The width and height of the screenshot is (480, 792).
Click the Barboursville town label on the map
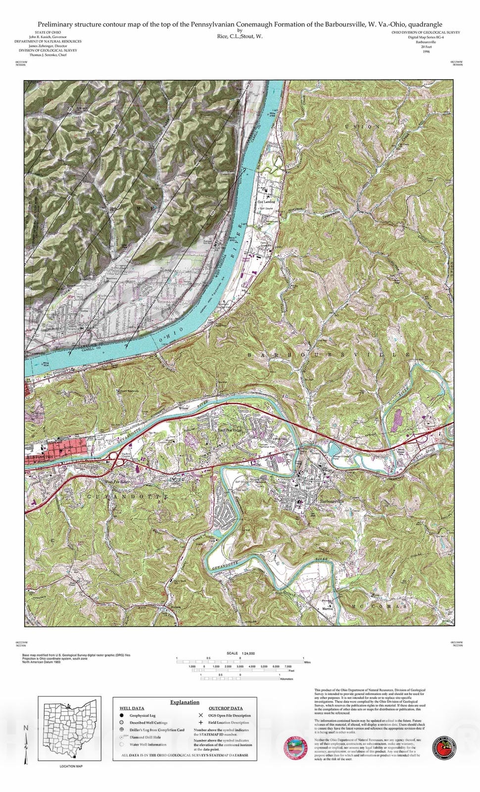coord(332,501)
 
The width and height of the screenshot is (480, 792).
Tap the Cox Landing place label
coord(266,202)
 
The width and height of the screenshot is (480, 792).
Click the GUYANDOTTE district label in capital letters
coord(128,496)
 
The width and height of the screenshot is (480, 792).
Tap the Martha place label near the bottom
coord(328,608)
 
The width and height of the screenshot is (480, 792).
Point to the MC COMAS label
coord(380,606)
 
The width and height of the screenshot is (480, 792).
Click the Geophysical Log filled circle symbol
coord(122,715)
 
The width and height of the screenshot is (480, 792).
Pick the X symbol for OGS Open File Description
coord(200,715)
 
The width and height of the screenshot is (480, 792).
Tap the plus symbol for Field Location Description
coord(200,723)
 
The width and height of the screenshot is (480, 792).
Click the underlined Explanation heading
coord(185,702)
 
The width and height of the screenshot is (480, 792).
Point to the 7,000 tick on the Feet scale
coord(288,667)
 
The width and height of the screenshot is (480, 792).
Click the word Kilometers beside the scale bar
coord(287,679)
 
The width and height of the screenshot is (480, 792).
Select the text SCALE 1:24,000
coord(240,653)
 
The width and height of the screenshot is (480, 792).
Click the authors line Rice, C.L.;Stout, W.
coord(240,36)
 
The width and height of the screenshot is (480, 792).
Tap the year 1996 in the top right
coord(426,51)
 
